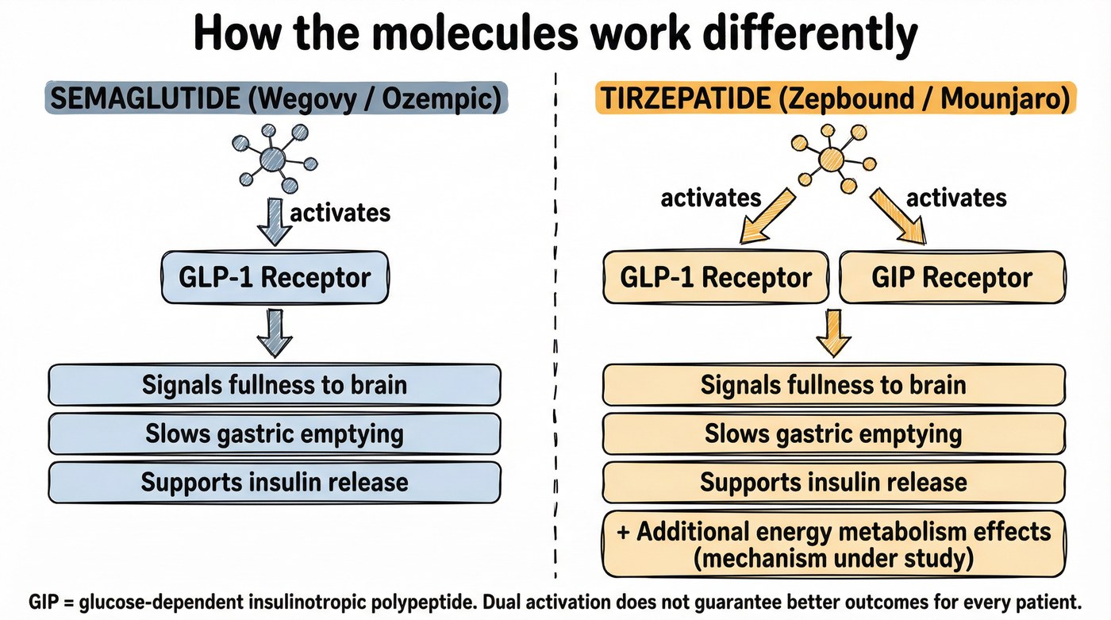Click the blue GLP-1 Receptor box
pyautogui.click(x=275, y=277)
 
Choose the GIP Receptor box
pyautogui.click(x=951, y=277)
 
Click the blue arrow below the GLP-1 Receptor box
pyautogui.click(x=275, y=333)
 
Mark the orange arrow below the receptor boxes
pyautogui.click(x=832, y=333)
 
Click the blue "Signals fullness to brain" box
pyautogui.click(x=275, y=385)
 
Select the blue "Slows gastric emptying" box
pyautogui.click(x=275, y=433)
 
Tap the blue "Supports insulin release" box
pyautogui.click(x=275, y=482)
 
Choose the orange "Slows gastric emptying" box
pyautogui.click(x=833, y=433)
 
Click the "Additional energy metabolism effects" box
pyautogui.click(x=833, y=545)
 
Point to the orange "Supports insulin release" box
pyautogui.click(x=833, y=482)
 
